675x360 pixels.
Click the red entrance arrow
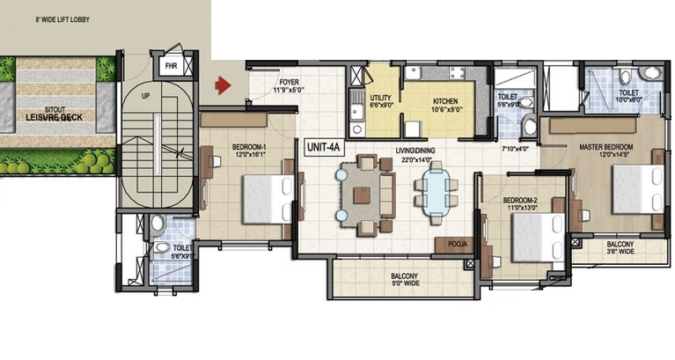tap(224, 85)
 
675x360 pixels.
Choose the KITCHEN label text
tap(445, 101)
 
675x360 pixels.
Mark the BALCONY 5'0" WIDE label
tap(406, 280)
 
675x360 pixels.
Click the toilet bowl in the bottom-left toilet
tap(158, 223)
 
